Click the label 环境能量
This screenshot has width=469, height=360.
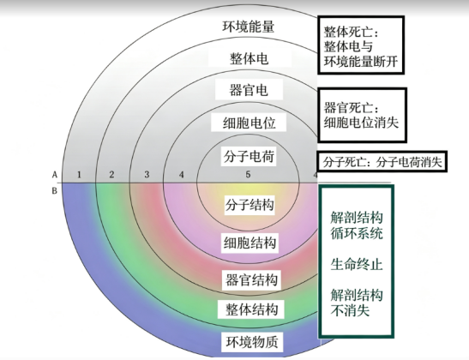coord(249,27)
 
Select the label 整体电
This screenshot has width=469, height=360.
coord(249,58)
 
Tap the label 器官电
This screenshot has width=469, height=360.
coord(249,90)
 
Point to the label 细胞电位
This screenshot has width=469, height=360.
coord(249,123)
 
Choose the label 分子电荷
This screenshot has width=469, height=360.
coord(249,156)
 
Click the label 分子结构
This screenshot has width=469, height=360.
coord(250,205)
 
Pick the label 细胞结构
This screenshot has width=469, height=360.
coord(250,243)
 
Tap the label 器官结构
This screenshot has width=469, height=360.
coord(251,280)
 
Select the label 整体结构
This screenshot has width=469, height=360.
coord(251,309)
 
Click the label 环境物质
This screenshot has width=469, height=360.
coord(252,342)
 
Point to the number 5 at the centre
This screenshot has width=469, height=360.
coord(248,174)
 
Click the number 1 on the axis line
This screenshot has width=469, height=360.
coord(79,174)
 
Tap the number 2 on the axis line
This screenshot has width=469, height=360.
coord(111,174)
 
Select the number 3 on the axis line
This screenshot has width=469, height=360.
coord(147,174)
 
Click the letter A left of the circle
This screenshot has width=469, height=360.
coord(54,174)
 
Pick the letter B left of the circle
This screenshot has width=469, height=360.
coord(54,190)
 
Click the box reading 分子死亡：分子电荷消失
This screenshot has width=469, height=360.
coord(382,162)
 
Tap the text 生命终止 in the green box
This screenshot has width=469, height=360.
coord(357,265)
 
